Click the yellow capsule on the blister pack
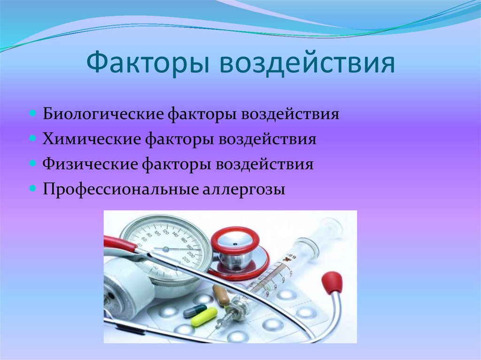click(203, 317)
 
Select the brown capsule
click(221, 295)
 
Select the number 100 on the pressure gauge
click(157, 232)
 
